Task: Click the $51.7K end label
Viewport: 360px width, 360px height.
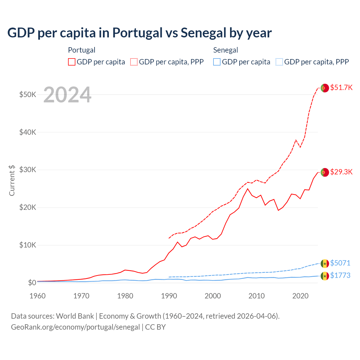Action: (x=341, y=87)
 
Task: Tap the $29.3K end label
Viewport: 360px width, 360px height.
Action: (x=341, y=172)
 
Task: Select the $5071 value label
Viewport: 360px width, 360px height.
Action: (x=340, y=263)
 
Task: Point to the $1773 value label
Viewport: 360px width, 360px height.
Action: (x=340, y=275)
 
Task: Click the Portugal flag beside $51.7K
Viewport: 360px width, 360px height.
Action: (x=325, y=88)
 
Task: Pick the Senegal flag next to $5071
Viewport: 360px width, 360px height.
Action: (x=325, y=264)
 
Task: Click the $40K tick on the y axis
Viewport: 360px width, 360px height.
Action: (x=28, y=132)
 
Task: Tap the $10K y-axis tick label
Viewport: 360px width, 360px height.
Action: (x=28, y=245)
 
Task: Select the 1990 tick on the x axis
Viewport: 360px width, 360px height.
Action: (x=169, y=296)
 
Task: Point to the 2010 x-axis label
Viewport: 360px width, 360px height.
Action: (x=256, y=296)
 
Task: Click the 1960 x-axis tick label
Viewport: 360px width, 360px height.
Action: (x=38, y=296)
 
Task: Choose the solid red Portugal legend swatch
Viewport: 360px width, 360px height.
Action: (x=72, y=62)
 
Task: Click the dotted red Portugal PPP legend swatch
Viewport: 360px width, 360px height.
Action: (x=134, y=62)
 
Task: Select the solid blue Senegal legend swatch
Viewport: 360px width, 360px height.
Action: (x=217, y=62)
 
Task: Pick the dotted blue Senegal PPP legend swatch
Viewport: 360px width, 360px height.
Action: (x=279, y=62)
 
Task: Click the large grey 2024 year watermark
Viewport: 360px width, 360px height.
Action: (x=67, y=95)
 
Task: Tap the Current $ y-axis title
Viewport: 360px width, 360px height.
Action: (x=12, y=180)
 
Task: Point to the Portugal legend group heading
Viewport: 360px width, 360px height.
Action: (x=82, y=50)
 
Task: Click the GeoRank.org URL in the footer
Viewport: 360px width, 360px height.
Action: (x=75, y=327)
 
